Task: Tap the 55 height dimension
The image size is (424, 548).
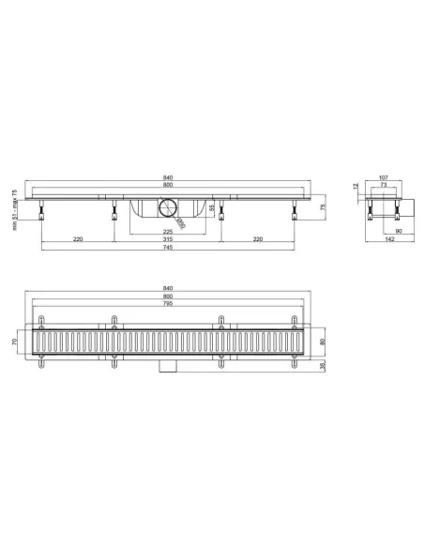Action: (212, 208)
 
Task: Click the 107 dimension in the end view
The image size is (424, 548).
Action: (384, 177)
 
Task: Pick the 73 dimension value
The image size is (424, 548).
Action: (384, 186)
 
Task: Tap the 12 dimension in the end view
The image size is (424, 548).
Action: (357, 187)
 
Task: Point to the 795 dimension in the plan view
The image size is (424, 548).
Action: (169, 304)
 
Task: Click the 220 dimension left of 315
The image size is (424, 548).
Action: (78, 239)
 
